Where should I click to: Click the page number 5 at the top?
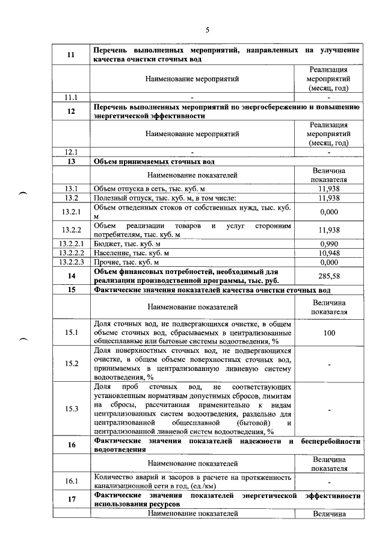coord(206,30)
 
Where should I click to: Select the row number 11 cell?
coord(70,54)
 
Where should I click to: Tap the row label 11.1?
coord(70,96)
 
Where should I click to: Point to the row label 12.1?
coord(70,152)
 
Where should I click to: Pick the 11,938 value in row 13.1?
coord(329,188)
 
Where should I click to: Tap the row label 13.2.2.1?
coord(70,243)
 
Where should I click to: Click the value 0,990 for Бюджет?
coord(329,243)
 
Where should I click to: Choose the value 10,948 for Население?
coord(329,253)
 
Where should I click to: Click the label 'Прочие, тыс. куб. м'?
coord(127,263)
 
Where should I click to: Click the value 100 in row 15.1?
coord(329,333)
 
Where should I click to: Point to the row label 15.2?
coord(70,363)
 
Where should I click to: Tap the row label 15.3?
coord(70,409)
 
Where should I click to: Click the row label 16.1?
coord(70,481)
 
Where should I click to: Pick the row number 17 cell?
coord(70,499)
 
